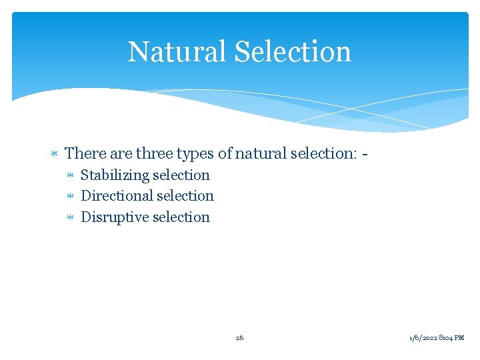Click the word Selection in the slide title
coord(289,51)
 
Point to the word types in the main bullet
coord(197,154)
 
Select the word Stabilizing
coord(115,175)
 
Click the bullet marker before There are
coord(56,154)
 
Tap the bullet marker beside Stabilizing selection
coord(72,176)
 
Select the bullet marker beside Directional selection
coord(72,197)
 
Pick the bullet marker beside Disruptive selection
coord(72,218)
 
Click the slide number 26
coord(239,338)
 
